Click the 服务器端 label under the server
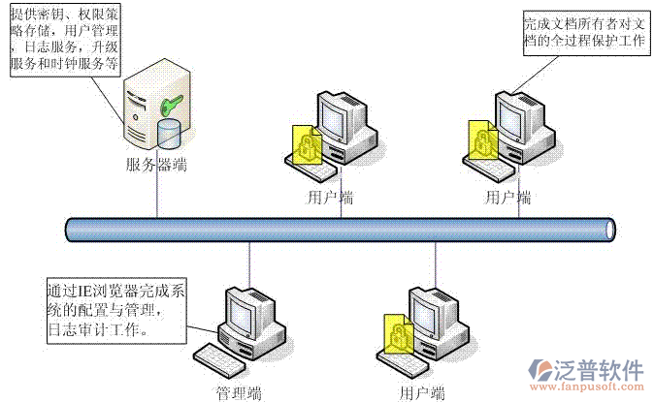pyautogui.click(x=156, y=164)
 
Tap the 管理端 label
pyautogui.click(x=239, y=392)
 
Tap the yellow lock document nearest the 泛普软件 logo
pyautogui.click(x=395, y=334)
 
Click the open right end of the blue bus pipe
pyautogui.click(x=609, y=230)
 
